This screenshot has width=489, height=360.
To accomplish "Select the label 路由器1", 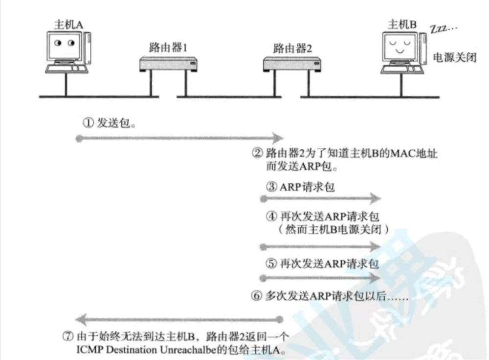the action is [x=168, y=48].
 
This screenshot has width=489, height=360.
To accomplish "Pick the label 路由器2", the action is [x=292, y=48].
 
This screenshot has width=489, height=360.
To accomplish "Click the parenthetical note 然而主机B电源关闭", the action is [x=332, y=228].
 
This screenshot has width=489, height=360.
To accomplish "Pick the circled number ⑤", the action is [x=271, y=264].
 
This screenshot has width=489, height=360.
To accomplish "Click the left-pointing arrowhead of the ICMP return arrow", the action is [x=84, y=321].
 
